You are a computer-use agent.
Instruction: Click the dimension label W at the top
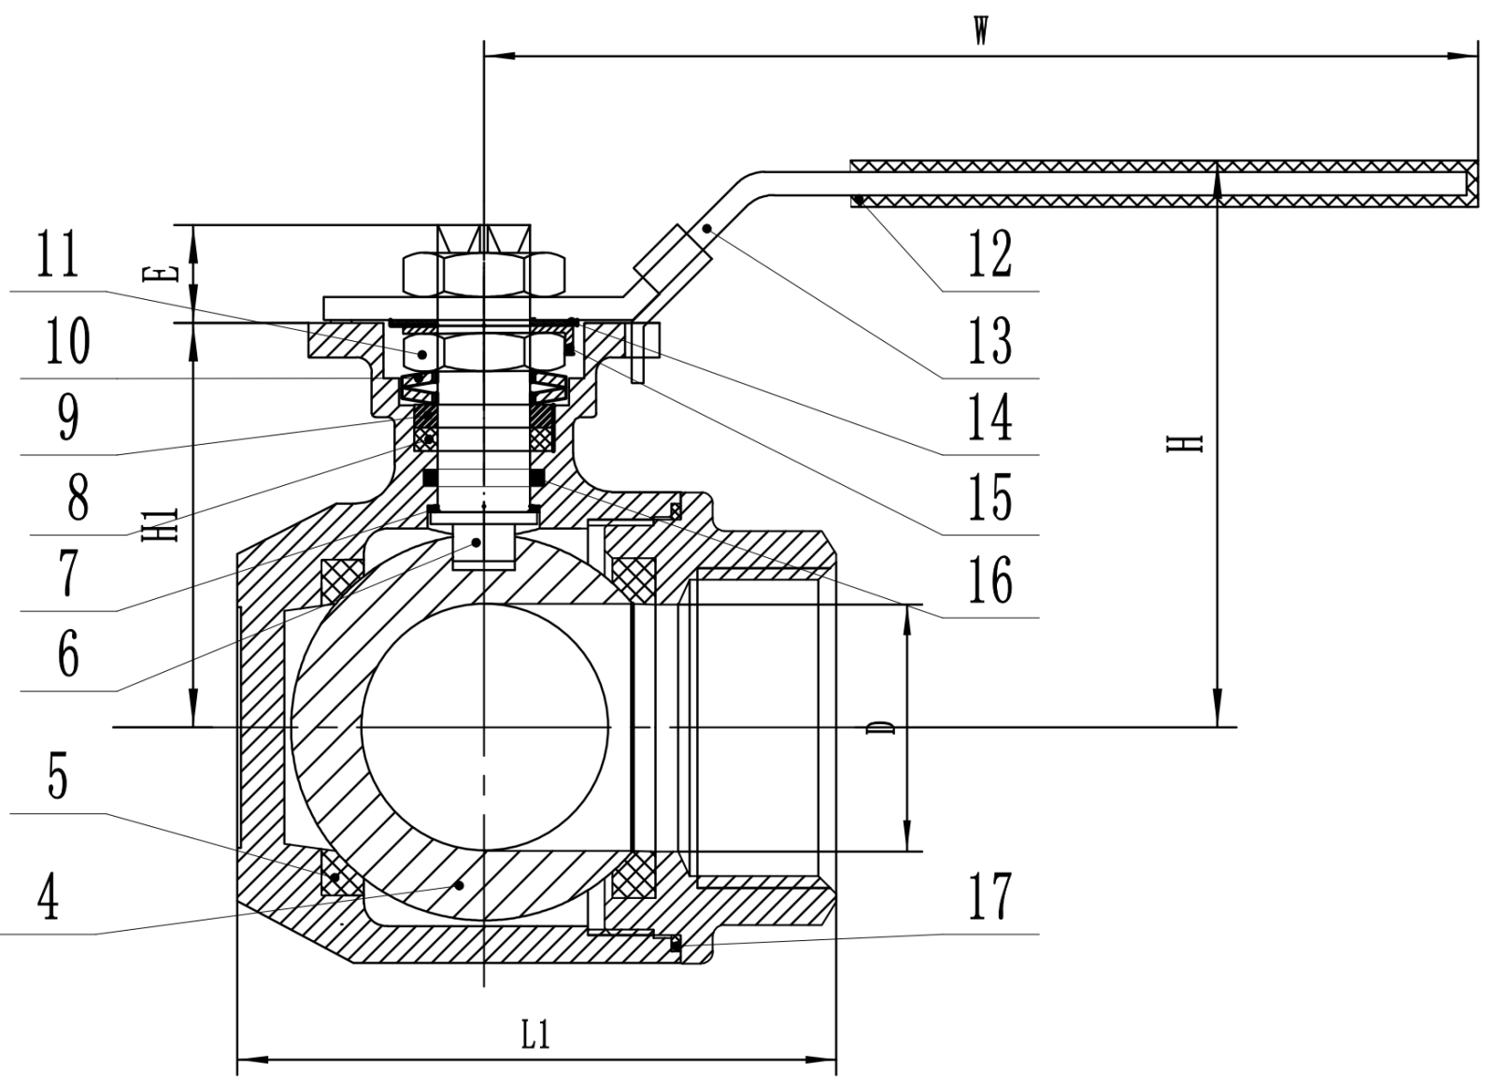(x=980, y=29)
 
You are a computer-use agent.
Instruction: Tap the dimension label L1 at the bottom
(x=534, y=1034)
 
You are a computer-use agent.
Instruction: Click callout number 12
(x=990, y=254)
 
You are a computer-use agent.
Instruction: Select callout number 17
(x=990, y=894)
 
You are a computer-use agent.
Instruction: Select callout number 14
(x=990, y=417)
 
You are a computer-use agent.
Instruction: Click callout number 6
(x=68, y=654)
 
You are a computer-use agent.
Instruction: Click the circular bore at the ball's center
(x=484, y=727)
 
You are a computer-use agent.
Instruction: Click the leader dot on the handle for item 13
(x=707, y=228)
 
